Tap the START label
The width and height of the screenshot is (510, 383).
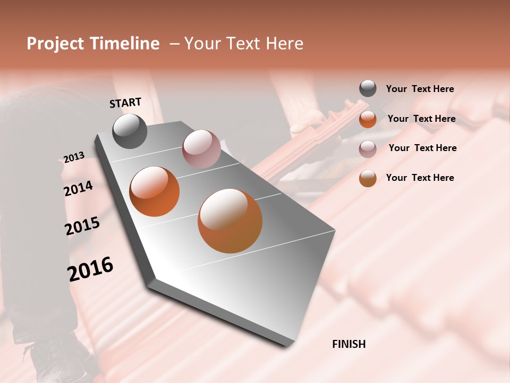pos(125,103)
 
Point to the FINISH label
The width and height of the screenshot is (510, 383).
pos(348,344)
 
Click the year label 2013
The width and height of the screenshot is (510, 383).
pos(74,157)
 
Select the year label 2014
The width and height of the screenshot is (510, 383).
pos(78,188)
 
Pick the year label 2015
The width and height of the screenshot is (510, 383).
pos(82,226)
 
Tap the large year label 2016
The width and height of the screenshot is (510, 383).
pos(90,269)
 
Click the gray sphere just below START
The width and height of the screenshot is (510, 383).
pos(130,131)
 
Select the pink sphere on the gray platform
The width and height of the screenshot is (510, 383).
pos(201,149)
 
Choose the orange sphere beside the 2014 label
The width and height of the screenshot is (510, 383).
pos(154,191)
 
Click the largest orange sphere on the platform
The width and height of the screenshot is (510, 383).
pos(230,221)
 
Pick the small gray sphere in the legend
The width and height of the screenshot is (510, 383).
pos(368,89)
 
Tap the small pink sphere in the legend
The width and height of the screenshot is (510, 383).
pos(368,148)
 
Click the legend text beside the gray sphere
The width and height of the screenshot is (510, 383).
pos(420,89)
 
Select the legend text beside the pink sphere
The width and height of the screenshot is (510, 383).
pos(422,148)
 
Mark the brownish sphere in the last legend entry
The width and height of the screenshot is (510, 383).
pos(368,178)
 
